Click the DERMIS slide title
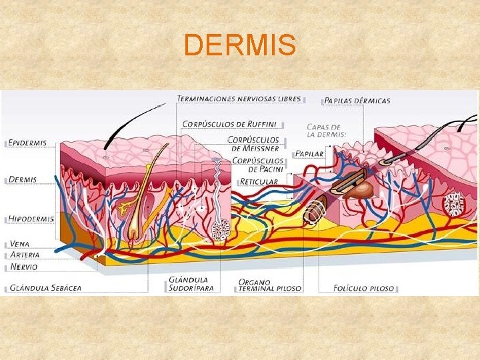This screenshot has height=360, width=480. tap(240, 45)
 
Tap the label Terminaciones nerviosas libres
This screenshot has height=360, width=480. tap(239, 99)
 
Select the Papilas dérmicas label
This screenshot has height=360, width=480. tap(357, 101)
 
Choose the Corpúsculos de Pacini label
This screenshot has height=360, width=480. tap(253, 165)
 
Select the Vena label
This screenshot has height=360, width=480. tap(19, 243)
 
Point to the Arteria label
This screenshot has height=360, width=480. tap(25, 255)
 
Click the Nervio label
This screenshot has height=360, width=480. tap(23, 267)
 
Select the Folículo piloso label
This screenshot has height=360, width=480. tap(364, 289)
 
